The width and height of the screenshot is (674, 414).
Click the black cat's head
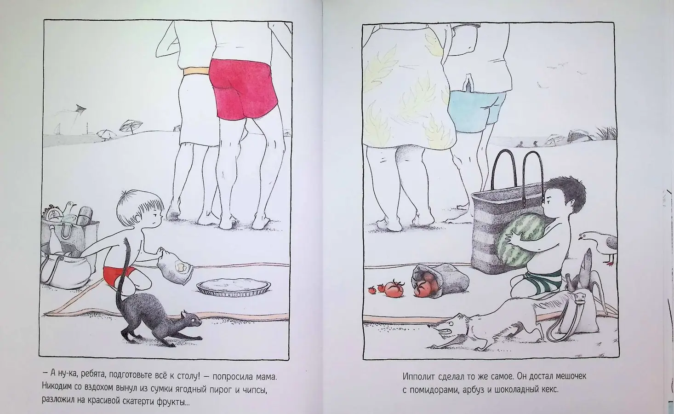pyautogui.click(x=191, y=320)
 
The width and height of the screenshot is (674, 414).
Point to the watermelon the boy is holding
pyautogui.click(x=520, y=239)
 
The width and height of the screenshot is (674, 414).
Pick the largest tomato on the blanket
pyautogui.click(x=394, y=288)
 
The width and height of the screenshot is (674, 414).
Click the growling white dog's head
pyautogui.click(x=450, y=327)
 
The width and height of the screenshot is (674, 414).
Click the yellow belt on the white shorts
pyautogui.click(x=196, y=71)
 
